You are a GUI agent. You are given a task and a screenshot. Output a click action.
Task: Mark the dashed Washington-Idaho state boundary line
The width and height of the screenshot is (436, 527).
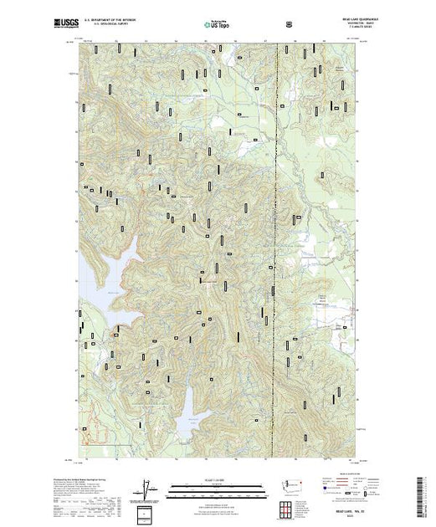click(277, 251)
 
